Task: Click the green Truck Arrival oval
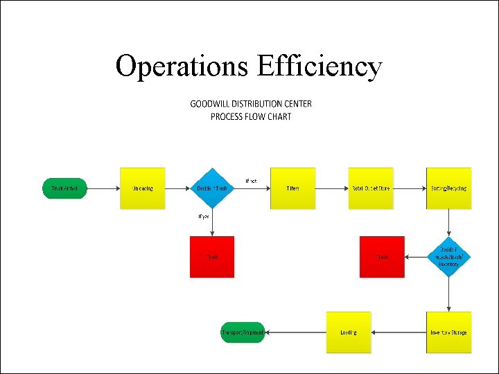[x=64, y=188]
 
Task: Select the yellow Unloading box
[x=143, y=188]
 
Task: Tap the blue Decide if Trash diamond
[x=211, y=188]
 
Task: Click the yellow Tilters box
[x=292, y=188]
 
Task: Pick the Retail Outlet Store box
[x=371, y=188]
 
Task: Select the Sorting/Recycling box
[x=448, y=188]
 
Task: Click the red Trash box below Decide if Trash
[x=212, y=257]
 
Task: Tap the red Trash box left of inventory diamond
[x=382, y=257]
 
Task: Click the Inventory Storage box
[x=448, y=332]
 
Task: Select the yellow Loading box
[x=349, y=332]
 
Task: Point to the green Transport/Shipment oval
[x=243, y=332]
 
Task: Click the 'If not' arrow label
[x=251, y=181]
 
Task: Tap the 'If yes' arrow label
[x=204, y=216]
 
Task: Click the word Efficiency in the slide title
[x=319, y=66]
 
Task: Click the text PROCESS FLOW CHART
[x=251, y=116]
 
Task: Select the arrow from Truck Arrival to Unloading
[x=103, y=188]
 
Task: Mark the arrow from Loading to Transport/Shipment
[x=296, y=332]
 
